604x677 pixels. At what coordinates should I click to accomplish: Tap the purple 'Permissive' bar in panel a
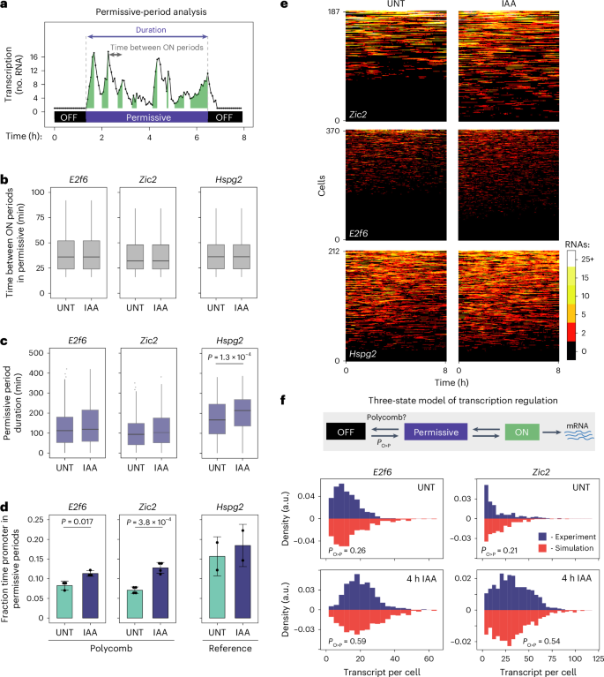click(x=146, y=116)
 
